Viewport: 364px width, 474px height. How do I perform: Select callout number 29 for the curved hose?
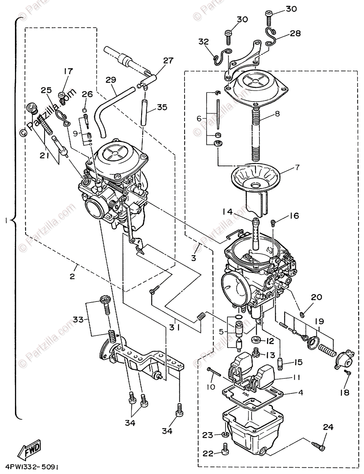pyautogui.click(x=111, y=80)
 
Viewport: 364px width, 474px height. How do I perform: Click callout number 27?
pyautogui.click(x=168, y=61)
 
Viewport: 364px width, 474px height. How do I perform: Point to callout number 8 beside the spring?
pyautogui.click(x=277, y=114)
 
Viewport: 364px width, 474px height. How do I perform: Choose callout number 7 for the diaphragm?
pyautogui.click(x=297, y=167)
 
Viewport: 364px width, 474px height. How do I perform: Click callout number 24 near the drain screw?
pyautogui.click(x=328, y=427)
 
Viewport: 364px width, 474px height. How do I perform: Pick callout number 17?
pyautogui.click(x=68, y=71)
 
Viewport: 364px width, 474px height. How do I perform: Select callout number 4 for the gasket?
pyautogui.click(x=301, y=392)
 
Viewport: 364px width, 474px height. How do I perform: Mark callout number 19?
pyautogui.click(x=319, y=321)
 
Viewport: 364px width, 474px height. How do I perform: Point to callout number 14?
pyautogui.click(x=228, y=211)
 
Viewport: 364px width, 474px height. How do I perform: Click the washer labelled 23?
pyautogui.click(x=226, y=434)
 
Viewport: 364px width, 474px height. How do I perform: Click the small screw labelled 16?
pyautogui.click(x=273, y=223)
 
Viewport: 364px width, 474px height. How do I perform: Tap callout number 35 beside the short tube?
pyautogui.click(x=162, y=107)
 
